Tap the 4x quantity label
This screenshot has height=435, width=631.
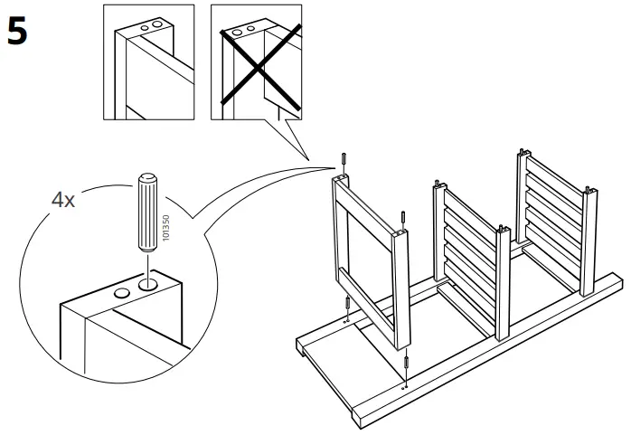[62, 200]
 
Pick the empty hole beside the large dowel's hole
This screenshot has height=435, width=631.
[120, 294]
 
